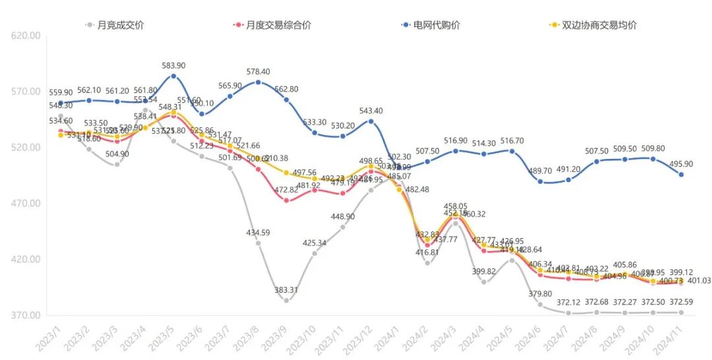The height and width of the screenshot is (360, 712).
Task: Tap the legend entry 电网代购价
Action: pos(436,25)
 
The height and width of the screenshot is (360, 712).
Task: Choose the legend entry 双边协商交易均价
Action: pos(599,25)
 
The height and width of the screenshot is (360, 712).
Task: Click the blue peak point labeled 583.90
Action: pos(173,76)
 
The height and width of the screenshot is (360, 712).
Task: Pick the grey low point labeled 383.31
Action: pos(286,301)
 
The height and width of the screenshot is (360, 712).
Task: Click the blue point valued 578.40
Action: pos(258,82)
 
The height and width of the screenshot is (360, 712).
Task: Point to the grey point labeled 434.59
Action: pos(258,243)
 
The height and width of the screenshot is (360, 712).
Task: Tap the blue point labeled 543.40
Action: pos(371,121)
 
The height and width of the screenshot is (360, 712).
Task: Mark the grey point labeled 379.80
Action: pos(540,305)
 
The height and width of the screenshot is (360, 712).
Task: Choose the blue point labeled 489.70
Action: pos(540,181)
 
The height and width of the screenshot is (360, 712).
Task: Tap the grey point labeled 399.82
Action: pos(484,282)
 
